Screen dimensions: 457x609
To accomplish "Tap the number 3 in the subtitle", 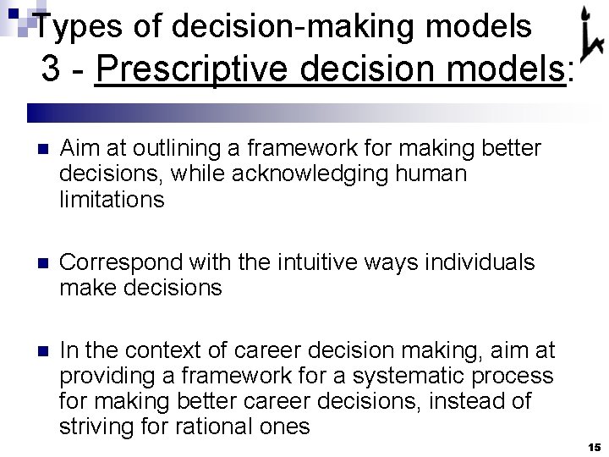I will click(x=52, y=71).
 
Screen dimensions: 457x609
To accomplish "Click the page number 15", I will click(x=593, y=446).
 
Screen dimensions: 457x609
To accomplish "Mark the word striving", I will click(x=92, y=426).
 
